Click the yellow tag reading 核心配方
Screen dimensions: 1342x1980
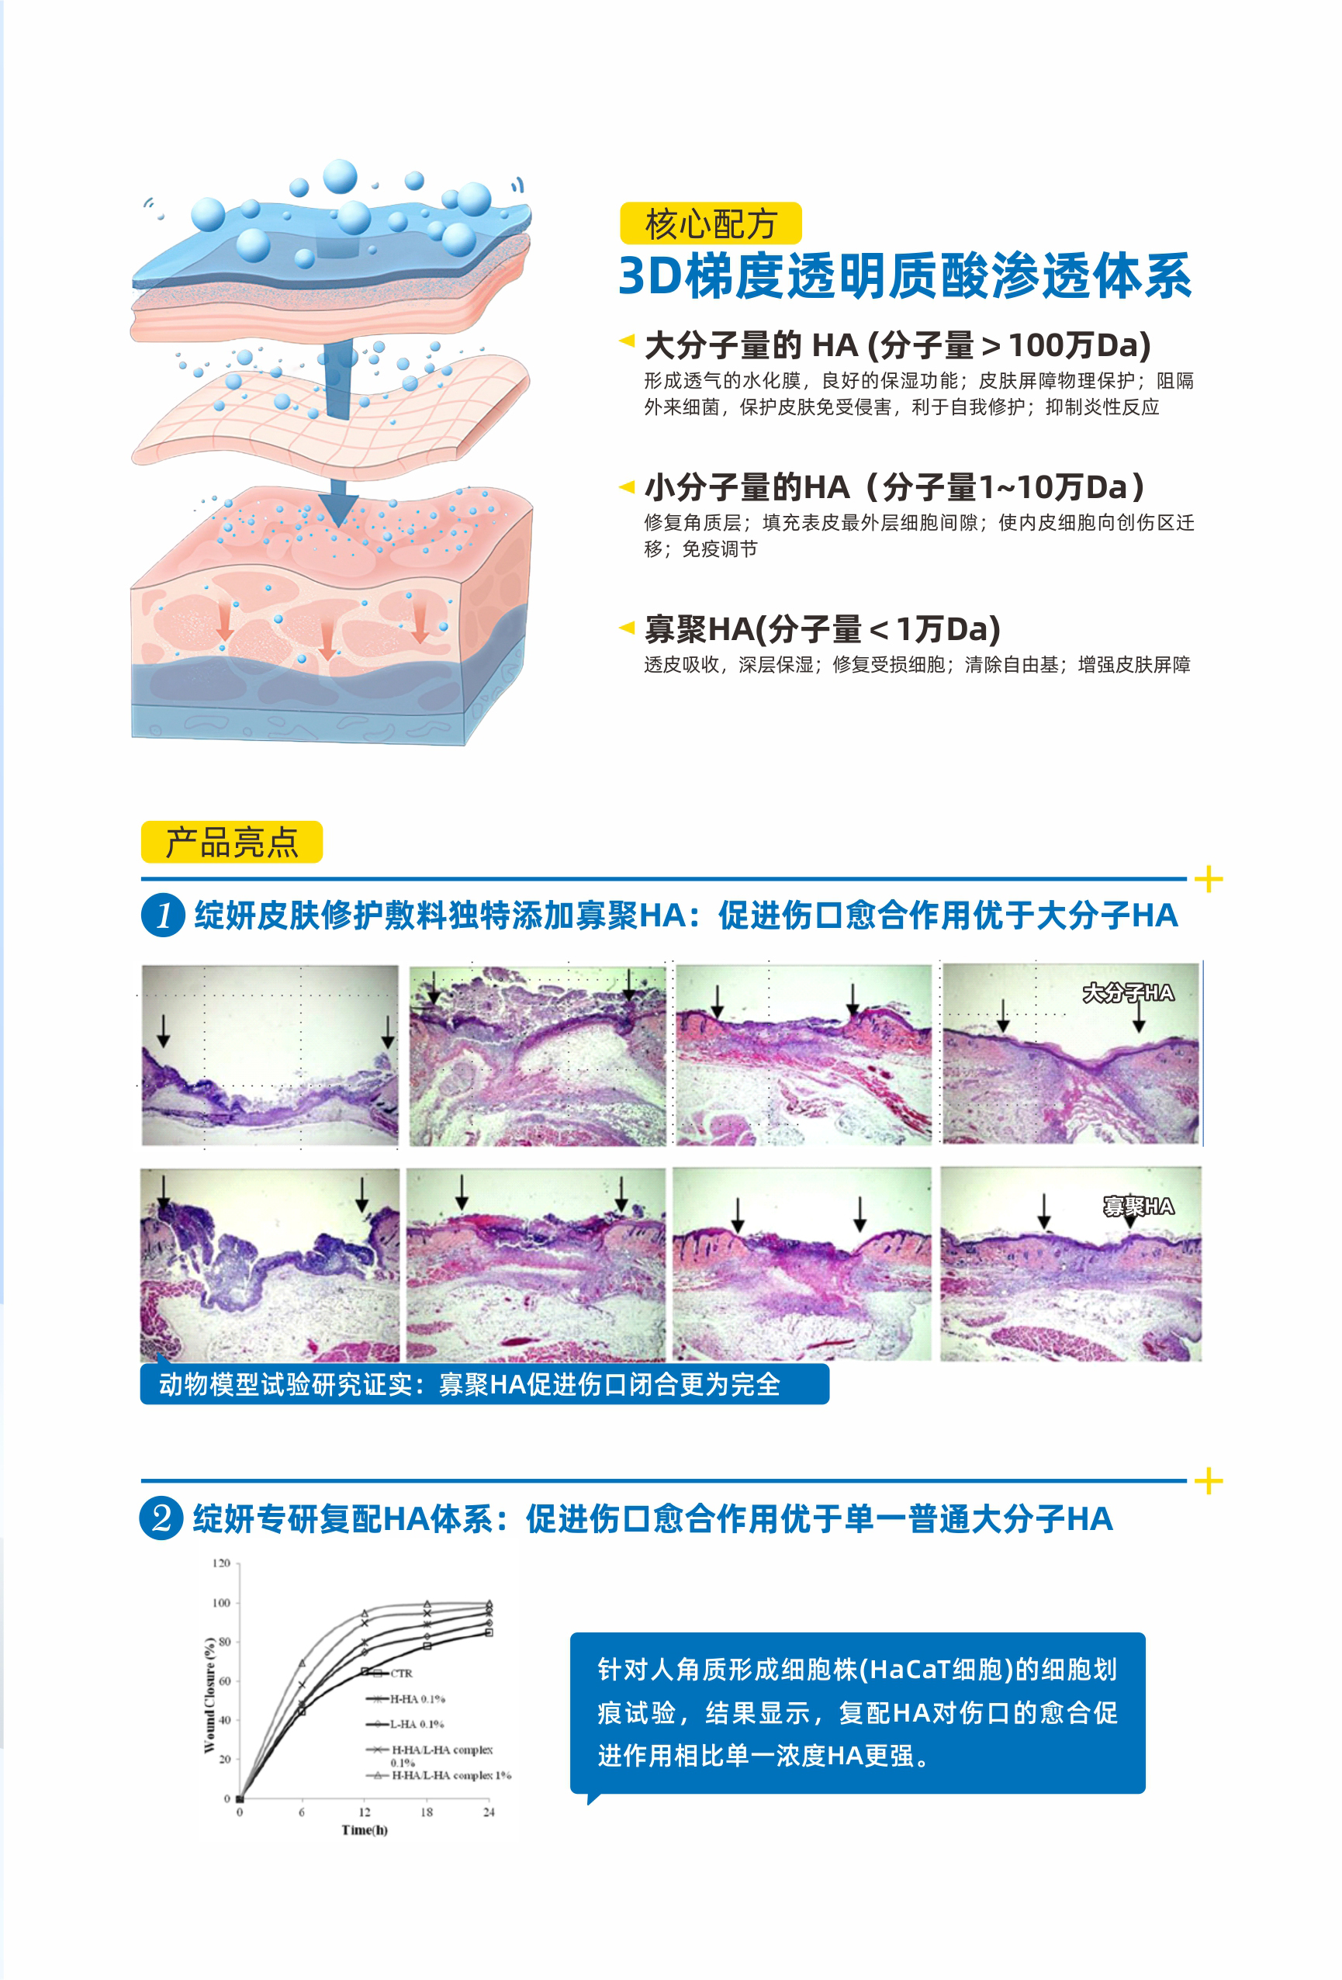[711, 223]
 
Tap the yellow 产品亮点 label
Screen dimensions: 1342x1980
[232, 842]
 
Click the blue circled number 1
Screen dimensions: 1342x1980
[163, 915]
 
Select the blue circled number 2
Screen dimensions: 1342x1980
[161, 1518]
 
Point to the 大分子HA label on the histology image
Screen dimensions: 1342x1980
[1128, 992]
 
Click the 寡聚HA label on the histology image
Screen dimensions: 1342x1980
[1138, 1206]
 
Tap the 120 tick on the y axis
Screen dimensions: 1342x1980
[222, 1563]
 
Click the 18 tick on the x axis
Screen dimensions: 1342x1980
[426, 1812]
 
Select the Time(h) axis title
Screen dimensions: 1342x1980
[365, 1830]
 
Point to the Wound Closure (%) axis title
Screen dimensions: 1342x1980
[209, 1695]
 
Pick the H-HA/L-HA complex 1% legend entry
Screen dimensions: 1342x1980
[439, 1775]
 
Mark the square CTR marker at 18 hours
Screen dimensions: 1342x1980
[427, 1646]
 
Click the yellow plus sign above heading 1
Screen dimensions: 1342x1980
[1209, 879]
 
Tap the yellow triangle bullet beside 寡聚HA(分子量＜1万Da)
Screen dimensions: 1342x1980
[626, 627]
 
